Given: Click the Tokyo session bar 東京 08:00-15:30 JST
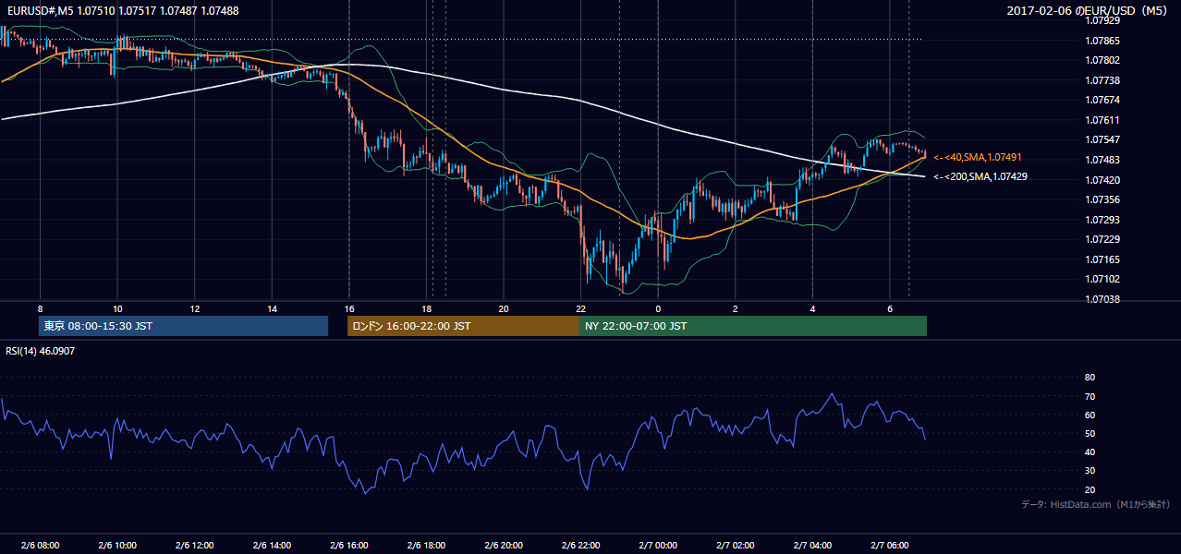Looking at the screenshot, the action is pyautogui.click(x=183, y=326).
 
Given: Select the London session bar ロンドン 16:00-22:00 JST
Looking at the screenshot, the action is pyautogui.click(x=463, y=326).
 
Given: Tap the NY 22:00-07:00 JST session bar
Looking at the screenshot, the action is pyautogui.click(x=753, y=326).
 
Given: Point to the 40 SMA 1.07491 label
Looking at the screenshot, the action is pyautogui.click(x=978, y=157).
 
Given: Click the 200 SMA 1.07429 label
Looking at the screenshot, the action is pyautogui.click(x=980, y=176).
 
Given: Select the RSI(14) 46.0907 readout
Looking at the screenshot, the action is pyautogui.click(x=40, y=351).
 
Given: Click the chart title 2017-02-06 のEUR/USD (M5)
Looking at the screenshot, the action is pyautogui.click(x=1087, y=10).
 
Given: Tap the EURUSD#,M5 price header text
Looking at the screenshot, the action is pyautogui.click(x=123, y=10).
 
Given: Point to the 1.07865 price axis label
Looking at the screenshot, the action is pyautogui.click(x=1102, y=41).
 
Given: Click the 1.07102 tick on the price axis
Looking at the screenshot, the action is pyautogui.click(x=1102, y=279).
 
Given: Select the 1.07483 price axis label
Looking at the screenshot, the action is pyautogui.click(x=1102, y=160).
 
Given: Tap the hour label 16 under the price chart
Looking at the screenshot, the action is pyautogui.click(x=349, y=309).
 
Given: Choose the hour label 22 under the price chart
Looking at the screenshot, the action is pyautogui.click(x=580, y=309).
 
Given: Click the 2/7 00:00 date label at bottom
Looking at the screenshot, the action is pyautogui.click(x=657, y=545).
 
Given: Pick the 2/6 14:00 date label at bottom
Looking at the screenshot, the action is pyautogui.click(x=272, y=545).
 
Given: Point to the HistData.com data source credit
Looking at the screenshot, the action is pyautogui.click(x=1095, y=504).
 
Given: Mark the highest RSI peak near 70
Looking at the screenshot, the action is pyautogui.click(x=832, y=394).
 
